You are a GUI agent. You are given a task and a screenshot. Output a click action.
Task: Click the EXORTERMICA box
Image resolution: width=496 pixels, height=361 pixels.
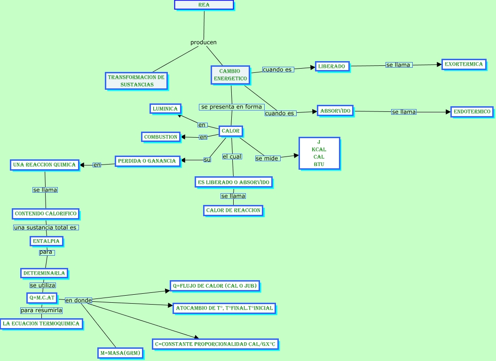click(464, 64)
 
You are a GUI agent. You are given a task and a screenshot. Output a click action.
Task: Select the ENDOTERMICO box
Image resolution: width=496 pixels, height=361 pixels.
click(472, 112)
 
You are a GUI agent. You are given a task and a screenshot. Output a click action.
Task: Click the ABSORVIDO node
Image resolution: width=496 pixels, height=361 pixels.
click(335, 111)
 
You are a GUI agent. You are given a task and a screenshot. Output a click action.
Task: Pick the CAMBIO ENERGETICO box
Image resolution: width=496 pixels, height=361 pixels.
click(230, 75)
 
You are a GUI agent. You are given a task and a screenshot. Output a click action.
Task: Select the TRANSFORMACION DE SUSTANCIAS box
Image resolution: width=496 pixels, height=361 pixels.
click(136, 81)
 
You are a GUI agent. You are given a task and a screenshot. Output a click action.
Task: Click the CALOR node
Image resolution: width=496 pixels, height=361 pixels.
click(230, 131)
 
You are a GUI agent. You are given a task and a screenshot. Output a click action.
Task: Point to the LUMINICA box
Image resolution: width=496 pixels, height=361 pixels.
click(165, 109)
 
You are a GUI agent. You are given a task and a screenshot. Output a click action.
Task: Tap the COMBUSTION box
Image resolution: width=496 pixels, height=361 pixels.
click(161, 137)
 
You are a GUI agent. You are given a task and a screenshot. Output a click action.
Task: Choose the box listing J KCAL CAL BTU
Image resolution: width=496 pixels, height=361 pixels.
click(319, 153)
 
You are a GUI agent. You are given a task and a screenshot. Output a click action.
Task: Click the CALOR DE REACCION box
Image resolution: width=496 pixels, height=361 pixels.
click(233, 210)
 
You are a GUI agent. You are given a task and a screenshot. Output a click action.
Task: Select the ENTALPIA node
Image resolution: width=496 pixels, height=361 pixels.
click(46, 241)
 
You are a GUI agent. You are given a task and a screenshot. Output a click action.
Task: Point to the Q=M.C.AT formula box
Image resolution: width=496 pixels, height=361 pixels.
click(42, 298)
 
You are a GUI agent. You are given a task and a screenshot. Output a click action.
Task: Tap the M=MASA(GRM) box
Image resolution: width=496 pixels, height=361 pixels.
click(120, 353)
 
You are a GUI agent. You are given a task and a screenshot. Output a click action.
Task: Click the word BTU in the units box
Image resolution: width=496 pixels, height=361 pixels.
click(319, 165)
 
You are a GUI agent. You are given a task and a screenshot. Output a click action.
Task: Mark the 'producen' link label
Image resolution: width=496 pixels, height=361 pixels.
click(204, 42)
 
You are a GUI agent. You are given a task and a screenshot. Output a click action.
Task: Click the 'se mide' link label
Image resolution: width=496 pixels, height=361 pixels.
click(267, 158)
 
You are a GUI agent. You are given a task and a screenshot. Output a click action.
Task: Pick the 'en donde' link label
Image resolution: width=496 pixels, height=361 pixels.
click(78, 300)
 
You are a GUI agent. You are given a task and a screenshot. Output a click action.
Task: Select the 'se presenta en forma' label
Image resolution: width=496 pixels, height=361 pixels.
click(231, 107)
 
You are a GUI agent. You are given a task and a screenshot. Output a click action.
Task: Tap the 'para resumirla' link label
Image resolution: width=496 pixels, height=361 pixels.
click(41, 310)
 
